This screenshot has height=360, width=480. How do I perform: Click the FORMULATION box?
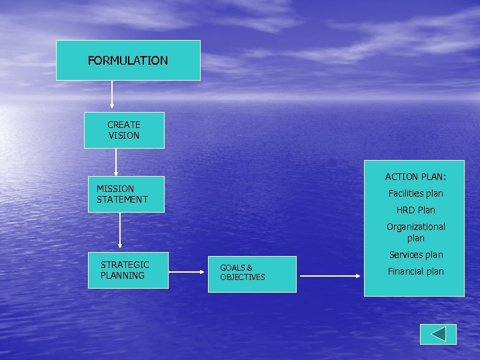(128, 61)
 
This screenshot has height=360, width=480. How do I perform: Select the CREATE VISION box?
(124, 130)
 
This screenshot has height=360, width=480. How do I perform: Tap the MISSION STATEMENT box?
(126, 194)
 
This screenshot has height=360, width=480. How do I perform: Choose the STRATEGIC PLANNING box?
(128, 270)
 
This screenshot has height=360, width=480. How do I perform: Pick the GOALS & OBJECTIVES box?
(253, 274)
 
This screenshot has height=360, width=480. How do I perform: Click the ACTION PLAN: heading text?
(415, 177)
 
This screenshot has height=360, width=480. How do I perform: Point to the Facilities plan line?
(415, 193)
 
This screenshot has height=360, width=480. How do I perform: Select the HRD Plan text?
(415, 210)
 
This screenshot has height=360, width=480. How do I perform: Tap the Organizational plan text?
(415, 232)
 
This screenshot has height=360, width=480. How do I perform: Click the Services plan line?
(415, 255)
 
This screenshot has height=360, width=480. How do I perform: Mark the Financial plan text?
(415, 271)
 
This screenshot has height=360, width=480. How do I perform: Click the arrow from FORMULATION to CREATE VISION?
(112, 94)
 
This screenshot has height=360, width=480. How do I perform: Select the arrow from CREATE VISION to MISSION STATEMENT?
(116, 162)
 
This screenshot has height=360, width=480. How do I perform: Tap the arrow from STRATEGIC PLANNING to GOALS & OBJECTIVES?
(189, 272)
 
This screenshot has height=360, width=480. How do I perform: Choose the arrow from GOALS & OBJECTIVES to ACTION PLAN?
(330, 275)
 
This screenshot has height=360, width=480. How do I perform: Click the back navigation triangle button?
(438, 334)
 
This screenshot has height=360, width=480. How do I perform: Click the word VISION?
(124, 135)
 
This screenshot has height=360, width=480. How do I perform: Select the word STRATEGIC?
(125, 265)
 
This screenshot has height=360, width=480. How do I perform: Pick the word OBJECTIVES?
(243, 277)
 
